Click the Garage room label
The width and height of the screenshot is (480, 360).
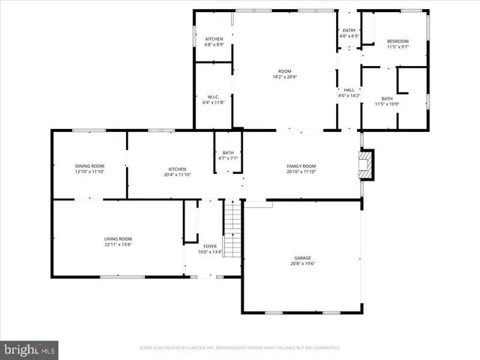pyautogui.click(x=302, y=258)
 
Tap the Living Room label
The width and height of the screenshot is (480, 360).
pyautogui.click(x=118, y=239)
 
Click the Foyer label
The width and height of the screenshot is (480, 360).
pyautogui.click(x=211, y=246)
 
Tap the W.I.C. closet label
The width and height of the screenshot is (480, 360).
pyautogui.click(x=213, y=97)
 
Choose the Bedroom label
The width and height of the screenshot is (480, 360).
pyautogui.click(x=397, y=40)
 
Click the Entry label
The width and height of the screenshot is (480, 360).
pyautogui.click(x=349, y=30)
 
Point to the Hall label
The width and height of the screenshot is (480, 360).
pyautogui.click(x=349, y=90)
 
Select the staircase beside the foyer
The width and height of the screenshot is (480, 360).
pyautogui.click(x=233, y=229)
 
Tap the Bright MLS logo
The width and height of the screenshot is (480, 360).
pyautogui.click(x=29, y=349)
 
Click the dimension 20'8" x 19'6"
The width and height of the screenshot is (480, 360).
pyautogui.click(x=302, y=264)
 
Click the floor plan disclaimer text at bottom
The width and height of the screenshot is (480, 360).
pyautogui.click(x=240, y=348)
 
